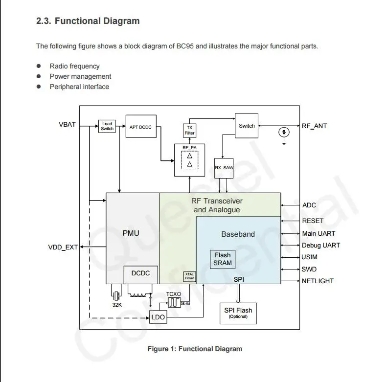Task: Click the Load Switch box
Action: (x=107, y=126)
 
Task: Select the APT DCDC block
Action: (x=141, y=126)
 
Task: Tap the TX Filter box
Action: (x=189, y=131)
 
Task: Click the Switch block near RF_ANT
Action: (x=247, y=126)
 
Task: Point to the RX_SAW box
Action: (x=224, y=168)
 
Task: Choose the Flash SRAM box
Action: (x=223, y=259)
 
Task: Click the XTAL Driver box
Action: (x=189, y=276)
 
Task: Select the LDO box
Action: (x=158, y=317)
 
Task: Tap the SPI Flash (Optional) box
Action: (x=238, y=314)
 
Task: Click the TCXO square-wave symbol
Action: (x=174, y=303)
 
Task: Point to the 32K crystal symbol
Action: (x=116, y=295)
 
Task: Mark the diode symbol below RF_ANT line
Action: (x=284, y=132)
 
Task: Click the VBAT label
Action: (x=67, y=124)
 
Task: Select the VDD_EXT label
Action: (x=63, y=247)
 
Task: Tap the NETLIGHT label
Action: (x=318, y=281)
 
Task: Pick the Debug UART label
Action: (x=321, y=245)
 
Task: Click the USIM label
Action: (x=310, y=257)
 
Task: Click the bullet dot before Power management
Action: (x=39, y=76)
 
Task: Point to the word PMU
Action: (x=131, y=233)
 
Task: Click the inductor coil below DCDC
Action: (x=137, y=294)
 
